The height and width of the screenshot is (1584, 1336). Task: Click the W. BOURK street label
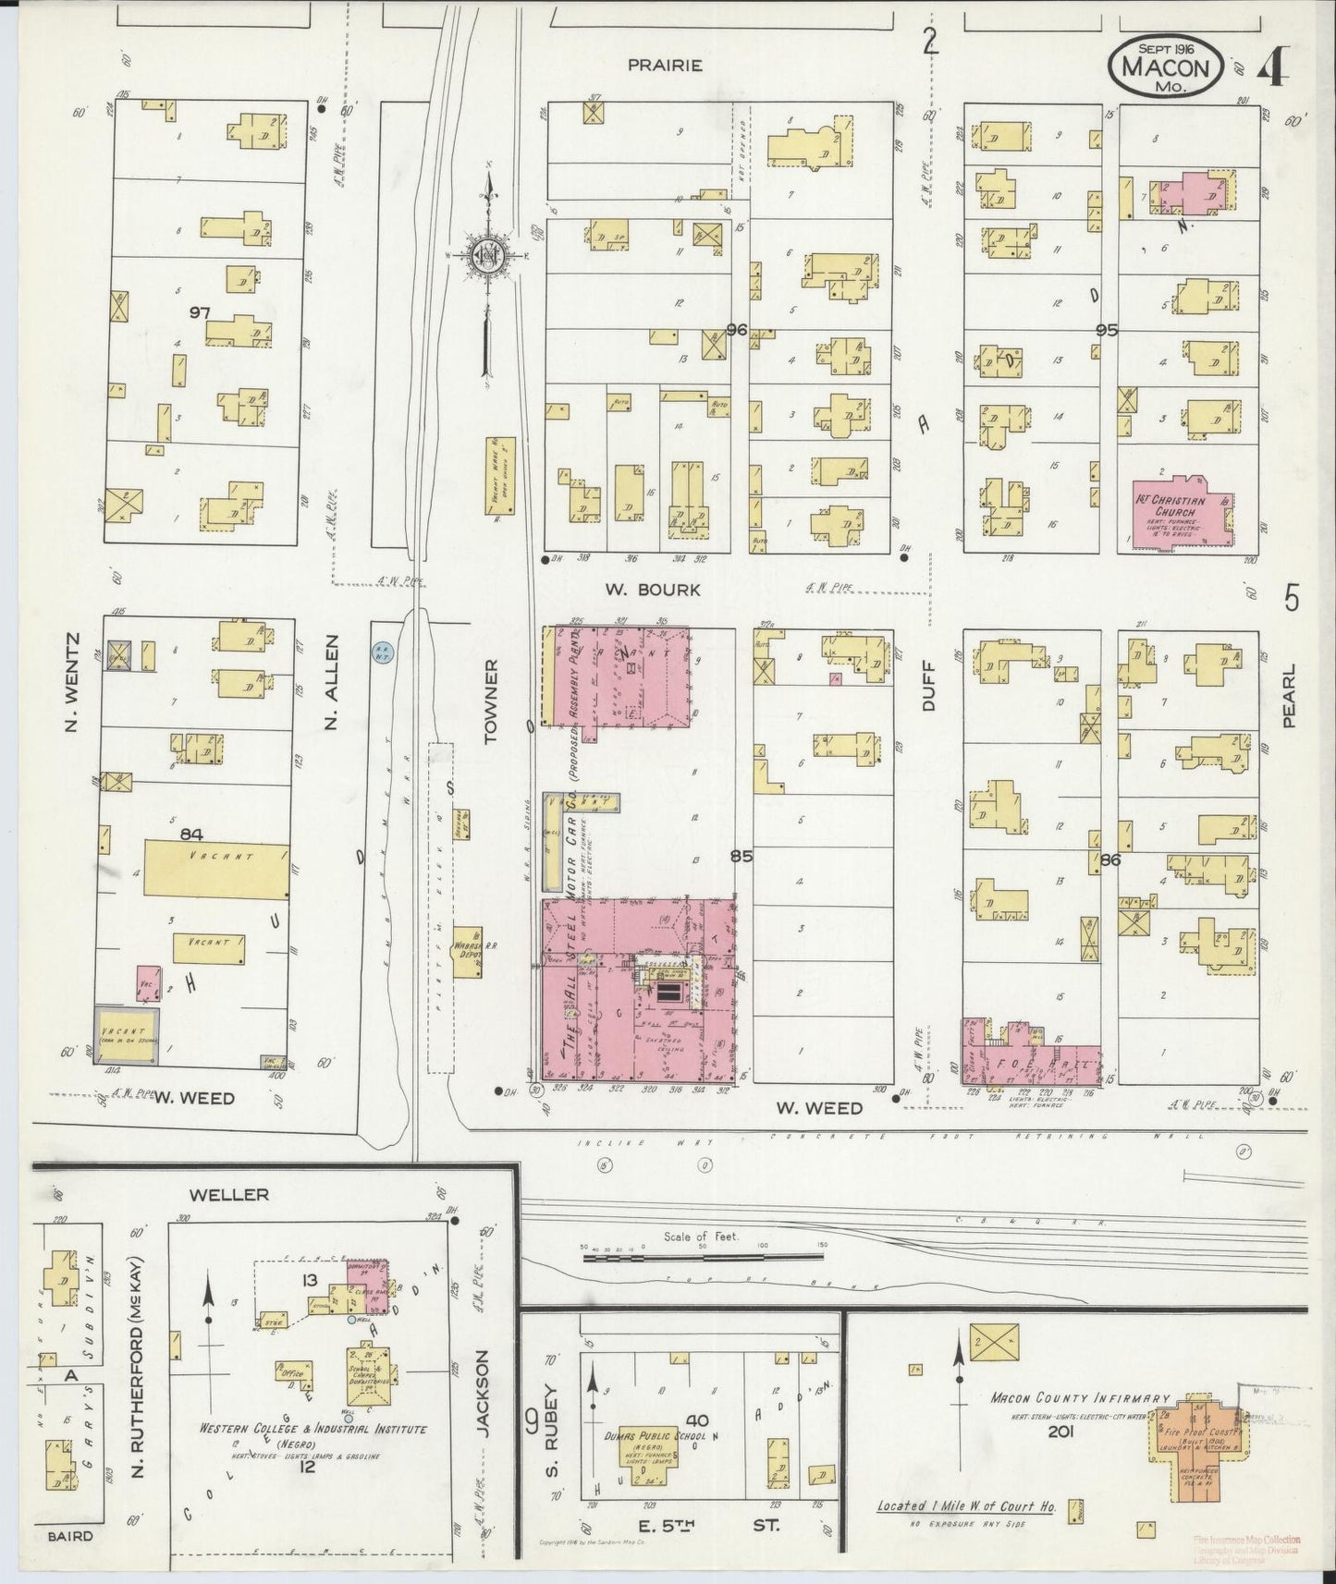pyautogui.click(x=652, y=589)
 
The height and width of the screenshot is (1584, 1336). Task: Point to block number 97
pyautogui.click(x=200, y=313)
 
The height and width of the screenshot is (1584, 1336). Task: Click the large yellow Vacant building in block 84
pyautogui.click(x=216, y=868)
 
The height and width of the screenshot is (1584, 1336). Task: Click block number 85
pyautogui.click(x=741, y=856)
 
